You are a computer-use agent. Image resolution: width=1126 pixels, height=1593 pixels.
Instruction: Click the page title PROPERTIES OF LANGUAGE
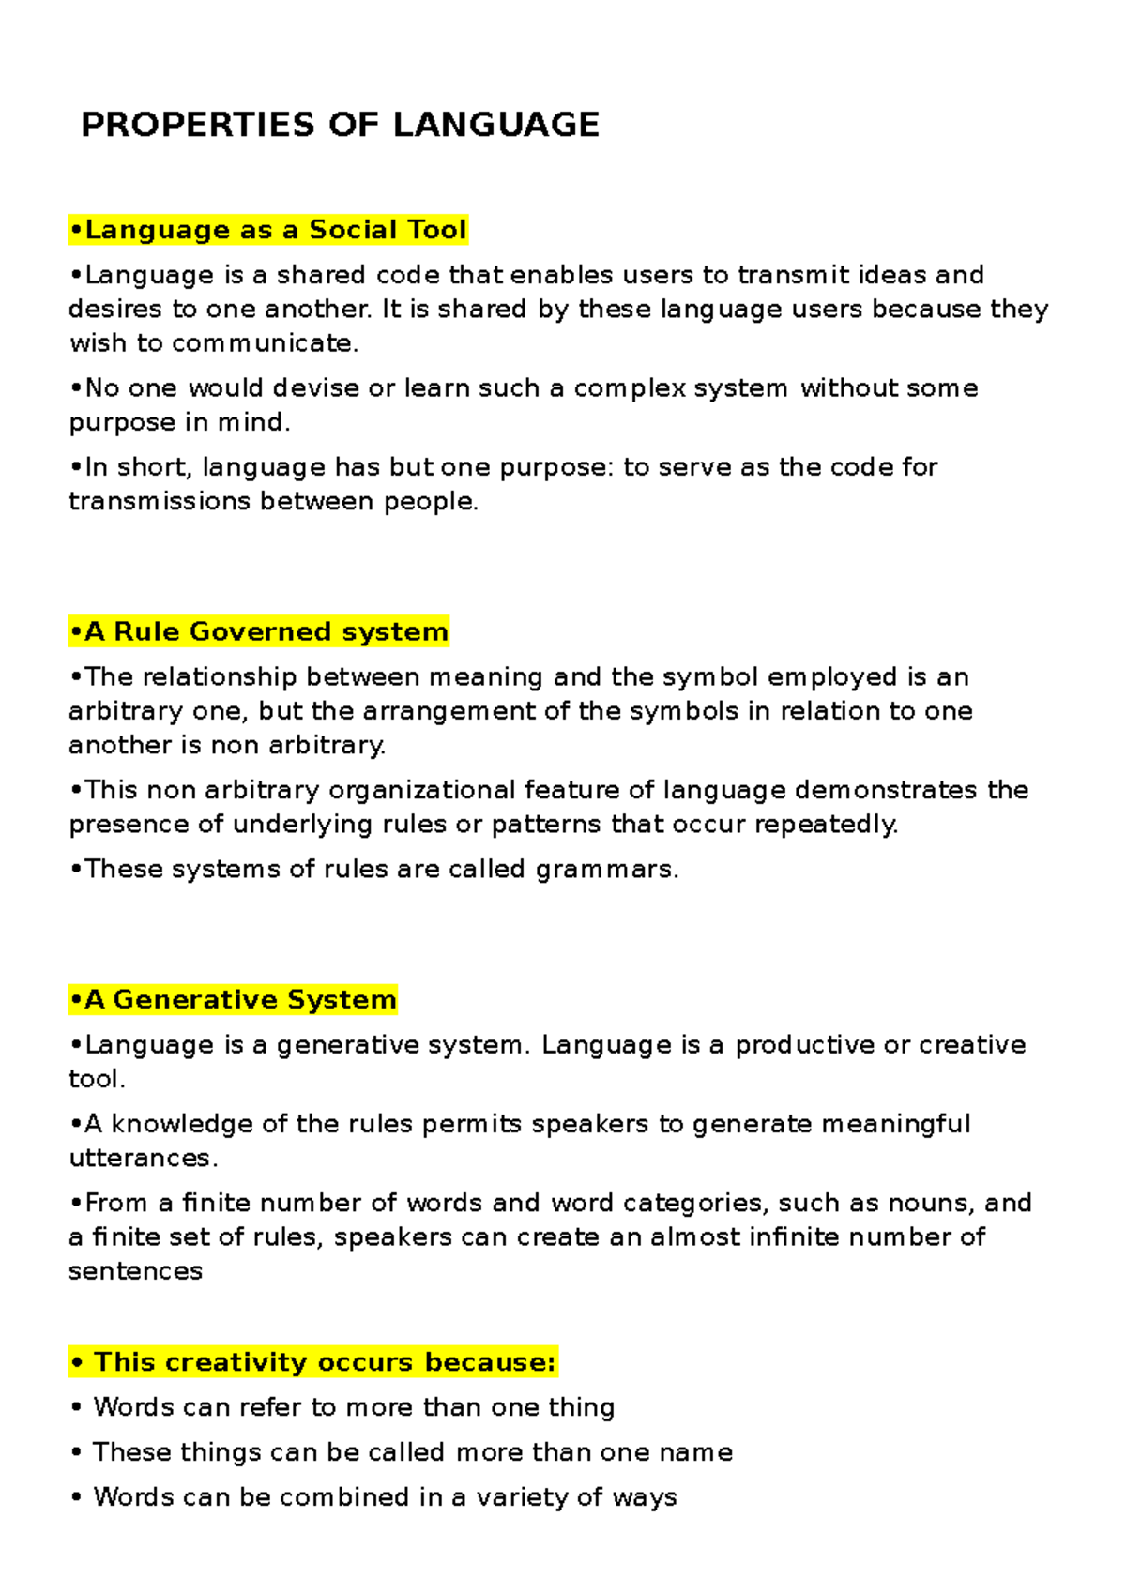(340, 125)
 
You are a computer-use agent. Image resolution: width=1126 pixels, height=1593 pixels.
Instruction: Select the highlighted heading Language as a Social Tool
(268, 230)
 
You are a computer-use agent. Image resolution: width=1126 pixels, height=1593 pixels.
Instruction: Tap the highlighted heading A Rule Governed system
(259, 631)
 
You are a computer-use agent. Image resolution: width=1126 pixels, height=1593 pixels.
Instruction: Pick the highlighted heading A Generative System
(233, 999)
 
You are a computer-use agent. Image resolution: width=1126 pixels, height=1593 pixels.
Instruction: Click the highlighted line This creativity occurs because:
(313, 1361)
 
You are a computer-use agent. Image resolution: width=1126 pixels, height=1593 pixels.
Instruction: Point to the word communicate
(264, 343)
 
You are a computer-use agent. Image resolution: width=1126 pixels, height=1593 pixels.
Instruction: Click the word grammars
(606, 870)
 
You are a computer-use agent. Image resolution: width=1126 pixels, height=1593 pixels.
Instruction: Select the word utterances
(143, 1159)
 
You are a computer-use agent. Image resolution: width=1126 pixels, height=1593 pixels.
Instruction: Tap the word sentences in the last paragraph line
(135, 1271)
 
